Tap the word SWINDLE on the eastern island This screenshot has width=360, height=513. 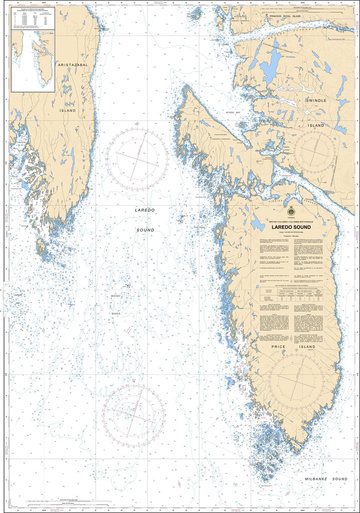(x=315, y=100)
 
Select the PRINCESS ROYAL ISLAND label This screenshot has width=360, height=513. (x=292, y=17)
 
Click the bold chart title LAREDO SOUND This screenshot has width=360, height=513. (x=291, y=227)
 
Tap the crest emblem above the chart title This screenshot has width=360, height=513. (x=291, y=210)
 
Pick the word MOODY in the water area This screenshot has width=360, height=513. (x=116, y=297)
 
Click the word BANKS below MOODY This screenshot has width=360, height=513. (x=116, y=313)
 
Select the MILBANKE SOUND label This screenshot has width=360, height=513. (x=326, y=479)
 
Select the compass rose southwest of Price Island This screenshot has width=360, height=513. (x=134, y=414)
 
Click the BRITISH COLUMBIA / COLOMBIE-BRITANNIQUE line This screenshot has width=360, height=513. (x=291, y=221)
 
